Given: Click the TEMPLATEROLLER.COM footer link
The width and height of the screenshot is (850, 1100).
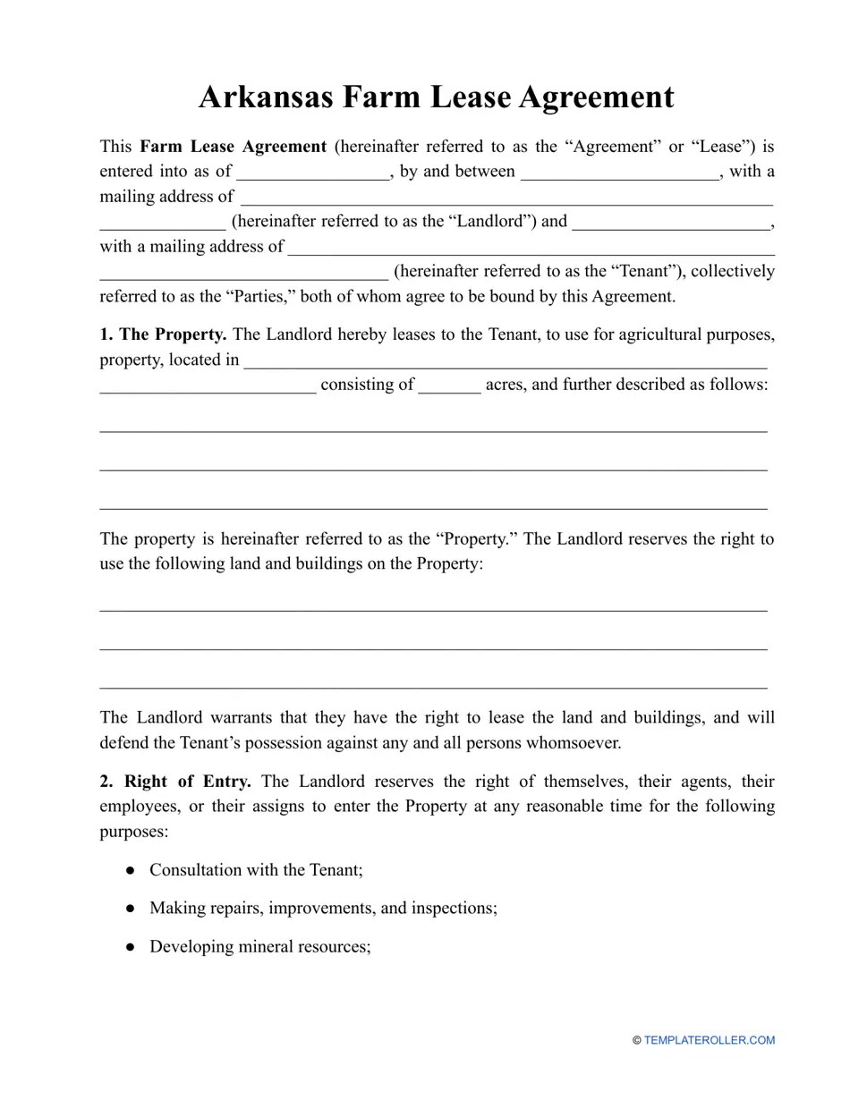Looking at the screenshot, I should [x=709, y=1040].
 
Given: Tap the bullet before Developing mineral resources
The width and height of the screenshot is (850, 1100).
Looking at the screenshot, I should [x=131, y=946].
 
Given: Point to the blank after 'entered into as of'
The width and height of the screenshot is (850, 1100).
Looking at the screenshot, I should [x=313, y=172].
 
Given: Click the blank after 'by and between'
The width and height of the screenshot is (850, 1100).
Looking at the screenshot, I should [x=619, y=172].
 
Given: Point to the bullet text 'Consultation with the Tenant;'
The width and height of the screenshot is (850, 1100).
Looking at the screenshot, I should [x=256, y=870].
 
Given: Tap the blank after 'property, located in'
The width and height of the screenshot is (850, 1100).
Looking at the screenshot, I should [x=505, y=361].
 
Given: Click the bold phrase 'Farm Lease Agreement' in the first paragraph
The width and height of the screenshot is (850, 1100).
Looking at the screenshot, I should [x=234, y=146].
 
